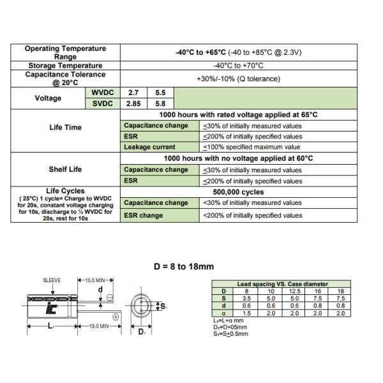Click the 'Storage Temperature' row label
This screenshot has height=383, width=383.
click(x=65, y=66)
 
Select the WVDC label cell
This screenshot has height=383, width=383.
click(x=102, y=93)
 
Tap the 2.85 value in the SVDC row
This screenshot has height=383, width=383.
click(x=133, y=103)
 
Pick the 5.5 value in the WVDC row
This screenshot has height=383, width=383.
click(x=160, y=93)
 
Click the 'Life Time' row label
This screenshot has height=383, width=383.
click(x=65, y=127)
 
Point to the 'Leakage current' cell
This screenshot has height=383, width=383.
click(x=149, y=147)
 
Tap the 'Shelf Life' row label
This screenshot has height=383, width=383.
click(x=65, y=169)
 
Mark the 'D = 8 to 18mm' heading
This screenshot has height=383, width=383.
click(x=183, y=267)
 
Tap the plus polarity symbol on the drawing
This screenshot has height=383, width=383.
click(x=116, y=317)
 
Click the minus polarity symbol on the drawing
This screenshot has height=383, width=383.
click(x=110, y=297)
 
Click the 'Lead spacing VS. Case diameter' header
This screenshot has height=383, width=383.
click(x=282, y=283)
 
